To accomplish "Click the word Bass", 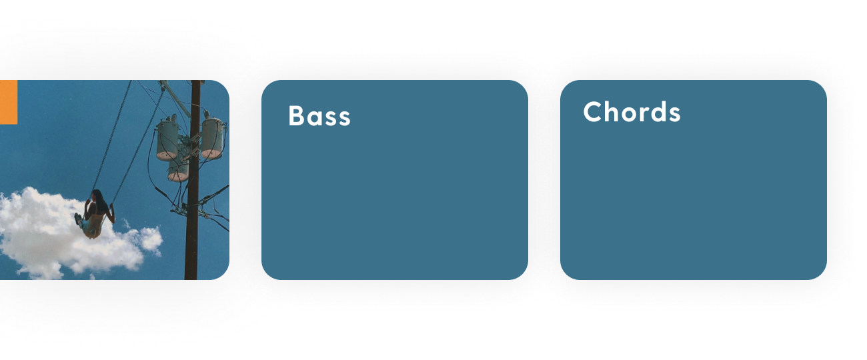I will pos(319,116).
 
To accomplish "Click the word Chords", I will pos(632,112).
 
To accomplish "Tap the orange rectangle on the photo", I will pos(8,102).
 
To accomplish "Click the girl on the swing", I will pos(95,213).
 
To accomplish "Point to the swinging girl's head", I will pos(96,195).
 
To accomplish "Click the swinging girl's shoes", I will pos(79,219).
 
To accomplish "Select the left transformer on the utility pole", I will pos(167,139).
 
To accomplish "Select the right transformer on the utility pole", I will pos(211,138).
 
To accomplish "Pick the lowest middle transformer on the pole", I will pos(178,171).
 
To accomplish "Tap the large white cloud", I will pos(47,237).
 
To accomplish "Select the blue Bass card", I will pos(394,193).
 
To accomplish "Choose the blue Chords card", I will pos(693,193).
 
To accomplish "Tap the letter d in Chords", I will pos(658,112).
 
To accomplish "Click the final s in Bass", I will pos(343,118).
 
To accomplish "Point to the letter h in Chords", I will pos(610,112).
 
